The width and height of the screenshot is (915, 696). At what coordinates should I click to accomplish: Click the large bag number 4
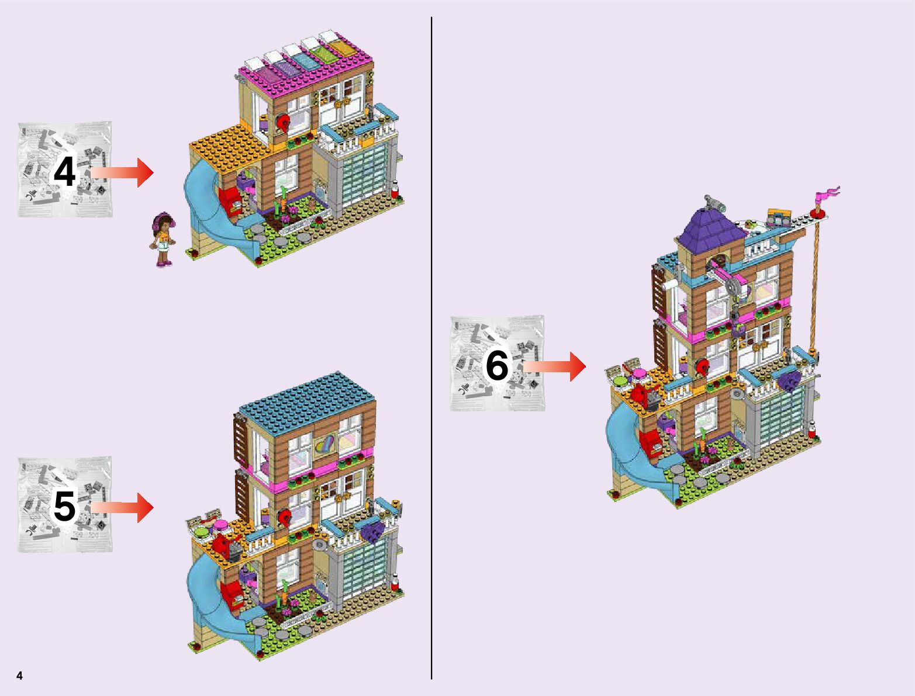coord(64,172)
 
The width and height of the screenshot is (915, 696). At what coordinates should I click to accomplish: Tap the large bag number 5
coord(64,507)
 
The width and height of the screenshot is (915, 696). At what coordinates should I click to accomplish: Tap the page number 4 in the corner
coord(20,676)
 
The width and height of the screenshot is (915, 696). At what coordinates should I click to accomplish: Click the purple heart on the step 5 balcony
coord(372,532)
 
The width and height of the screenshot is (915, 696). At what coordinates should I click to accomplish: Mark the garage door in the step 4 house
coord(364,175)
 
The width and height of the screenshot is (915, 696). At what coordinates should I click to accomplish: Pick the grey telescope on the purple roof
coord(714,202)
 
